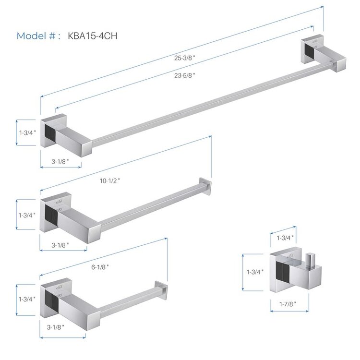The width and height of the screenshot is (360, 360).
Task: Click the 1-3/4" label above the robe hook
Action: (x=285, y=237)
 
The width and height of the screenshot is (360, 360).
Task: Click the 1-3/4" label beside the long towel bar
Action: (x=28, y=131)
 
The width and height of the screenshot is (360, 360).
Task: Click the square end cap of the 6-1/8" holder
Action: (x=161, y=289)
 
